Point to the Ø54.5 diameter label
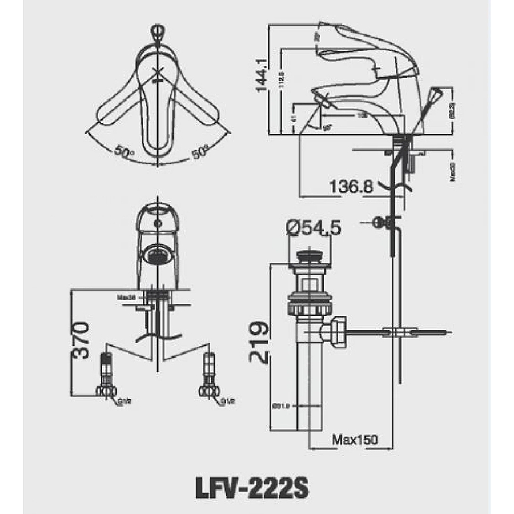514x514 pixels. (313, 228)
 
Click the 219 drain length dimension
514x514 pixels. (259, 343)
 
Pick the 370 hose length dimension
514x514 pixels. (81, 340)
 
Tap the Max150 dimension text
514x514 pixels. (356, 440)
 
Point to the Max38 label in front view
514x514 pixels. (125, 298)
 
